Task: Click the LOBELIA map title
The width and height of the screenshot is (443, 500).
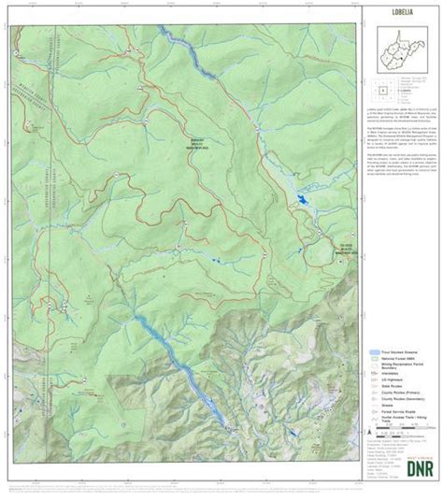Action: pyautogui.click(x=401, y=16)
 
